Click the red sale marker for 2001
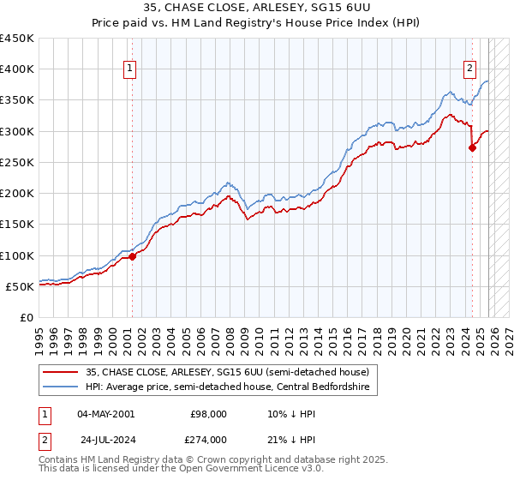pyautogui.click(x=133, y=256)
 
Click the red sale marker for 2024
pyautogui.click(x=472, y=147)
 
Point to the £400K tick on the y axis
pyautogui.click(x=17, y=69)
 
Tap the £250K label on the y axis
pyautogui.click(x=17, y=162)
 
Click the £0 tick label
pyautogui.click(x=27, y=317)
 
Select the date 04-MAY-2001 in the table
pyautogui.click(x=105, y=413)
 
